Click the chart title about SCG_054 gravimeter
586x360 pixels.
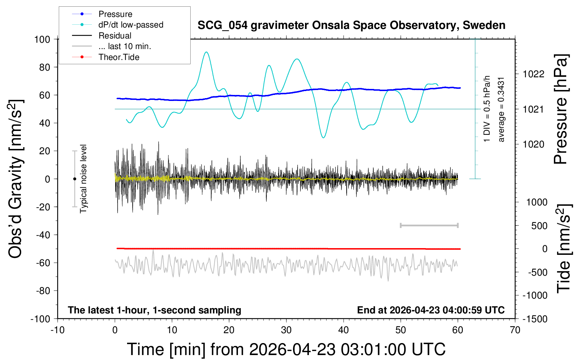(351, 25)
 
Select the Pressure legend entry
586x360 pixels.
(115, 14)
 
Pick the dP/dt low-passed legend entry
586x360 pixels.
(131, 25)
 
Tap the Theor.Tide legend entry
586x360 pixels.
(119, 57)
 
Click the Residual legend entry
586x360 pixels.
(115, 36)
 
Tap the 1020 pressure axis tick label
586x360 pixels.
(533, 144)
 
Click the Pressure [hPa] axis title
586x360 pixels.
(561, 109)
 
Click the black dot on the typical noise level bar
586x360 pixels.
(74, 179)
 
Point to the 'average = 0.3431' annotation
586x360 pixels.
(501, 109)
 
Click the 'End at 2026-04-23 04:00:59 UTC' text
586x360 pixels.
(431, 310)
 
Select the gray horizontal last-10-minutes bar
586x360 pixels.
(429, 225)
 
